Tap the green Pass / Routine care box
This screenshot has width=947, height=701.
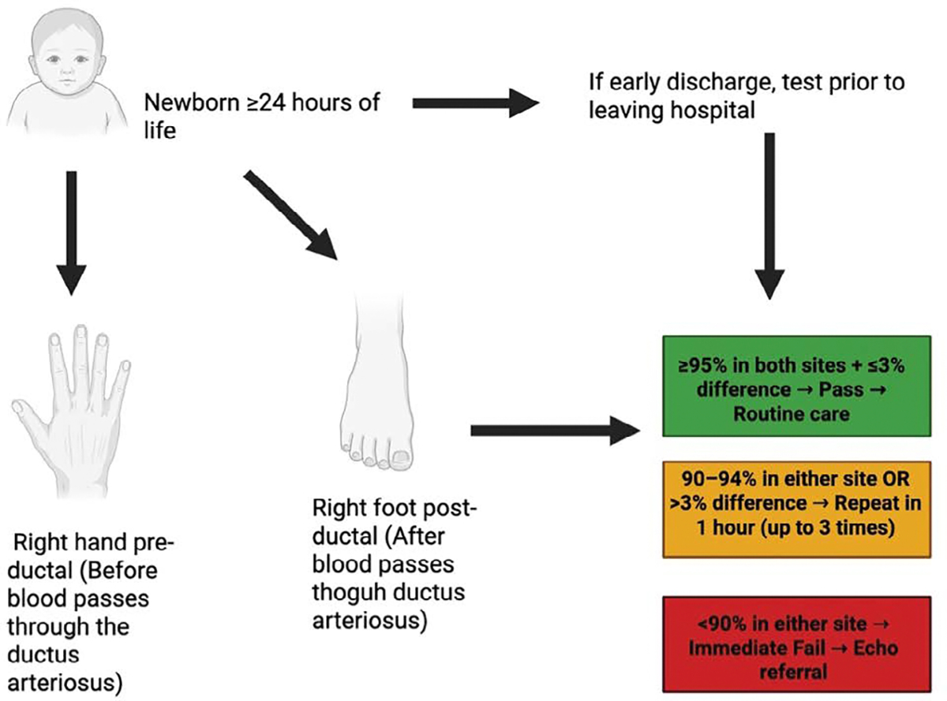click(797, 386)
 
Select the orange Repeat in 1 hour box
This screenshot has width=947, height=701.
click(797, 509)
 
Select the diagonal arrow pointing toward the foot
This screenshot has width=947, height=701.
click(291, 215)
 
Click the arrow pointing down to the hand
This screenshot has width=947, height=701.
click(71, 233)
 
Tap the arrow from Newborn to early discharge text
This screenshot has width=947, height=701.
click(475, 103)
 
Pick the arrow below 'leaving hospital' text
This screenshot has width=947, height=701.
click(769, 216)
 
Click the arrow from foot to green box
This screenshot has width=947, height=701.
click(555, 431)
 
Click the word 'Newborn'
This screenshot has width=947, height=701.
click(192, 103)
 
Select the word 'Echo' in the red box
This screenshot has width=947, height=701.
click(876, 648)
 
